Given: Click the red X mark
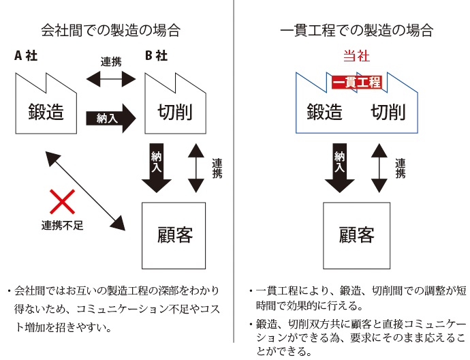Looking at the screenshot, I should [x=63, y=202].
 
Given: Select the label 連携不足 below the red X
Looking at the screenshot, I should [x=61, y=226].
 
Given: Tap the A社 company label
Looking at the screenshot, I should [x=26, y=57].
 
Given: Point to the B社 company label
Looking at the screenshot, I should [x=156, y=57].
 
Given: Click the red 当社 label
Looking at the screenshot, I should [x=356, y=57].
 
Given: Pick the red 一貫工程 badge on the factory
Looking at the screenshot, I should [x=356, y=82].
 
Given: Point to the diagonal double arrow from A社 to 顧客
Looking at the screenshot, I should [x=84, y=189].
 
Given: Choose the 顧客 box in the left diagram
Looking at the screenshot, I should [x=174, y=235].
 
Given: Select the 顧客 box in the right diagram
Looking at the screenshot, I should [x=356, y=235].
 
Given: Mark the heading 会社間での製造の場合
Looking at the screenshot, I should [x=111, y=30].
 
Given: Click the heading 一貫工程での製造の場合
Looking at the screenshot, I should [x=356, y=30].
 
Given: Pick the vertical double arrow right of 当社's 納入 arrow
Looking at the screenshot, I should [x=379, y=168].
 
